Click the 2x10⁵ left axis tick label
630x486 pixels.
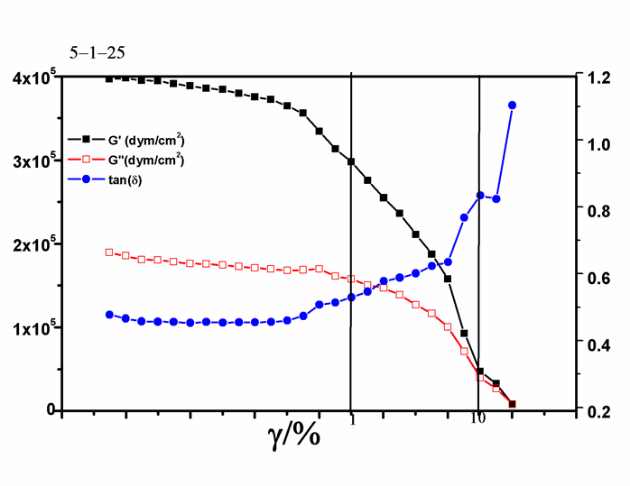coord(32,244)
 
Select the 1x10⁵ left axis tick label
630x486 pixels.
coord(32,327)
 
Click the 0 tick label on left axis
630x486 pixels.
coord(51,411)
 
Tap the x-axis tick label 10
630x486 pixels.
coord(478,419)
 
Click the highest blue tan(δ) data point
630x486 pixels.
coord(512,105)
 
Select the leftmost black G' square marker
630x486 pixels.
coord(109,78)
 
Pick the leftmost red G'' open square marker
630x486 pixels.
coord(109,252)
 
